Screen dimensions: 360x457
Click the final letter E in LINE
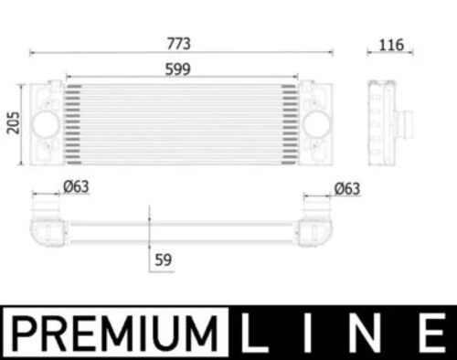coord(430,332)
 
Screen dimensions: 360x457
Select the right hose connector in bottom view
coord(319,225)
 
